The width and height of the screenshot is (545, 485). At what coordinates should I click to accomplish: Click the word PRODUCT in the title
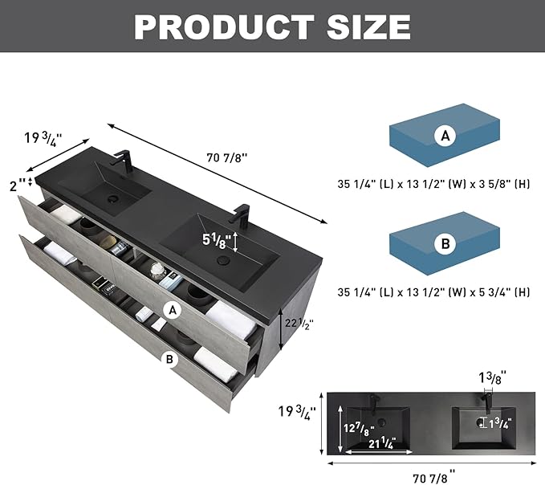pos(224,27)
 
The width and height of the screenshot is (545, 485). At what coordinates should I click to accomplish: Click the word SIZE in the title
pos(369,27)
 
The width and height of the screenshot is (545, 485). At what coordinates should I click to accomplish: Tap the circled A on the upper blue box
pos(445,136)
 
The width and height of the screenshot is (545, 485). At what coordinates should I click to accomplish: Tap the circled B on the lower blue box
pos(445,244)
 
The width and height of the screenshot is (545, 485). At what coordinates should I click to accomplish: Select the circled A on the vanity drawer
pos(173,310)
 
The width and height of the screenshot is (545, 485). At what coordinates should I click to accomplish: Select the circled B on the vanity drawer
pos(169,359)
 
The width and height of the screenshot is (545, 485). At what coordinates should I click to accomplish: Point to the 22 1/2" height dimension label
pos(299,324)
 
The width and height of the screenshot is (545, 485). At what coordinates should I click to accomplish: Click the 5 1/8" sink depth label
pos(217,241)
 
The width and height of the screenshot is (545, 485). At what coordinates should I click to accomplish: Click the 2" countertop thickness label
pos(18,186)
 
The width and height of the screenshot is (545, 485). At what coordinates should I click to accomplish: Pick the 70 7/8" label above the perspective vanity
pos(227,158)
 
